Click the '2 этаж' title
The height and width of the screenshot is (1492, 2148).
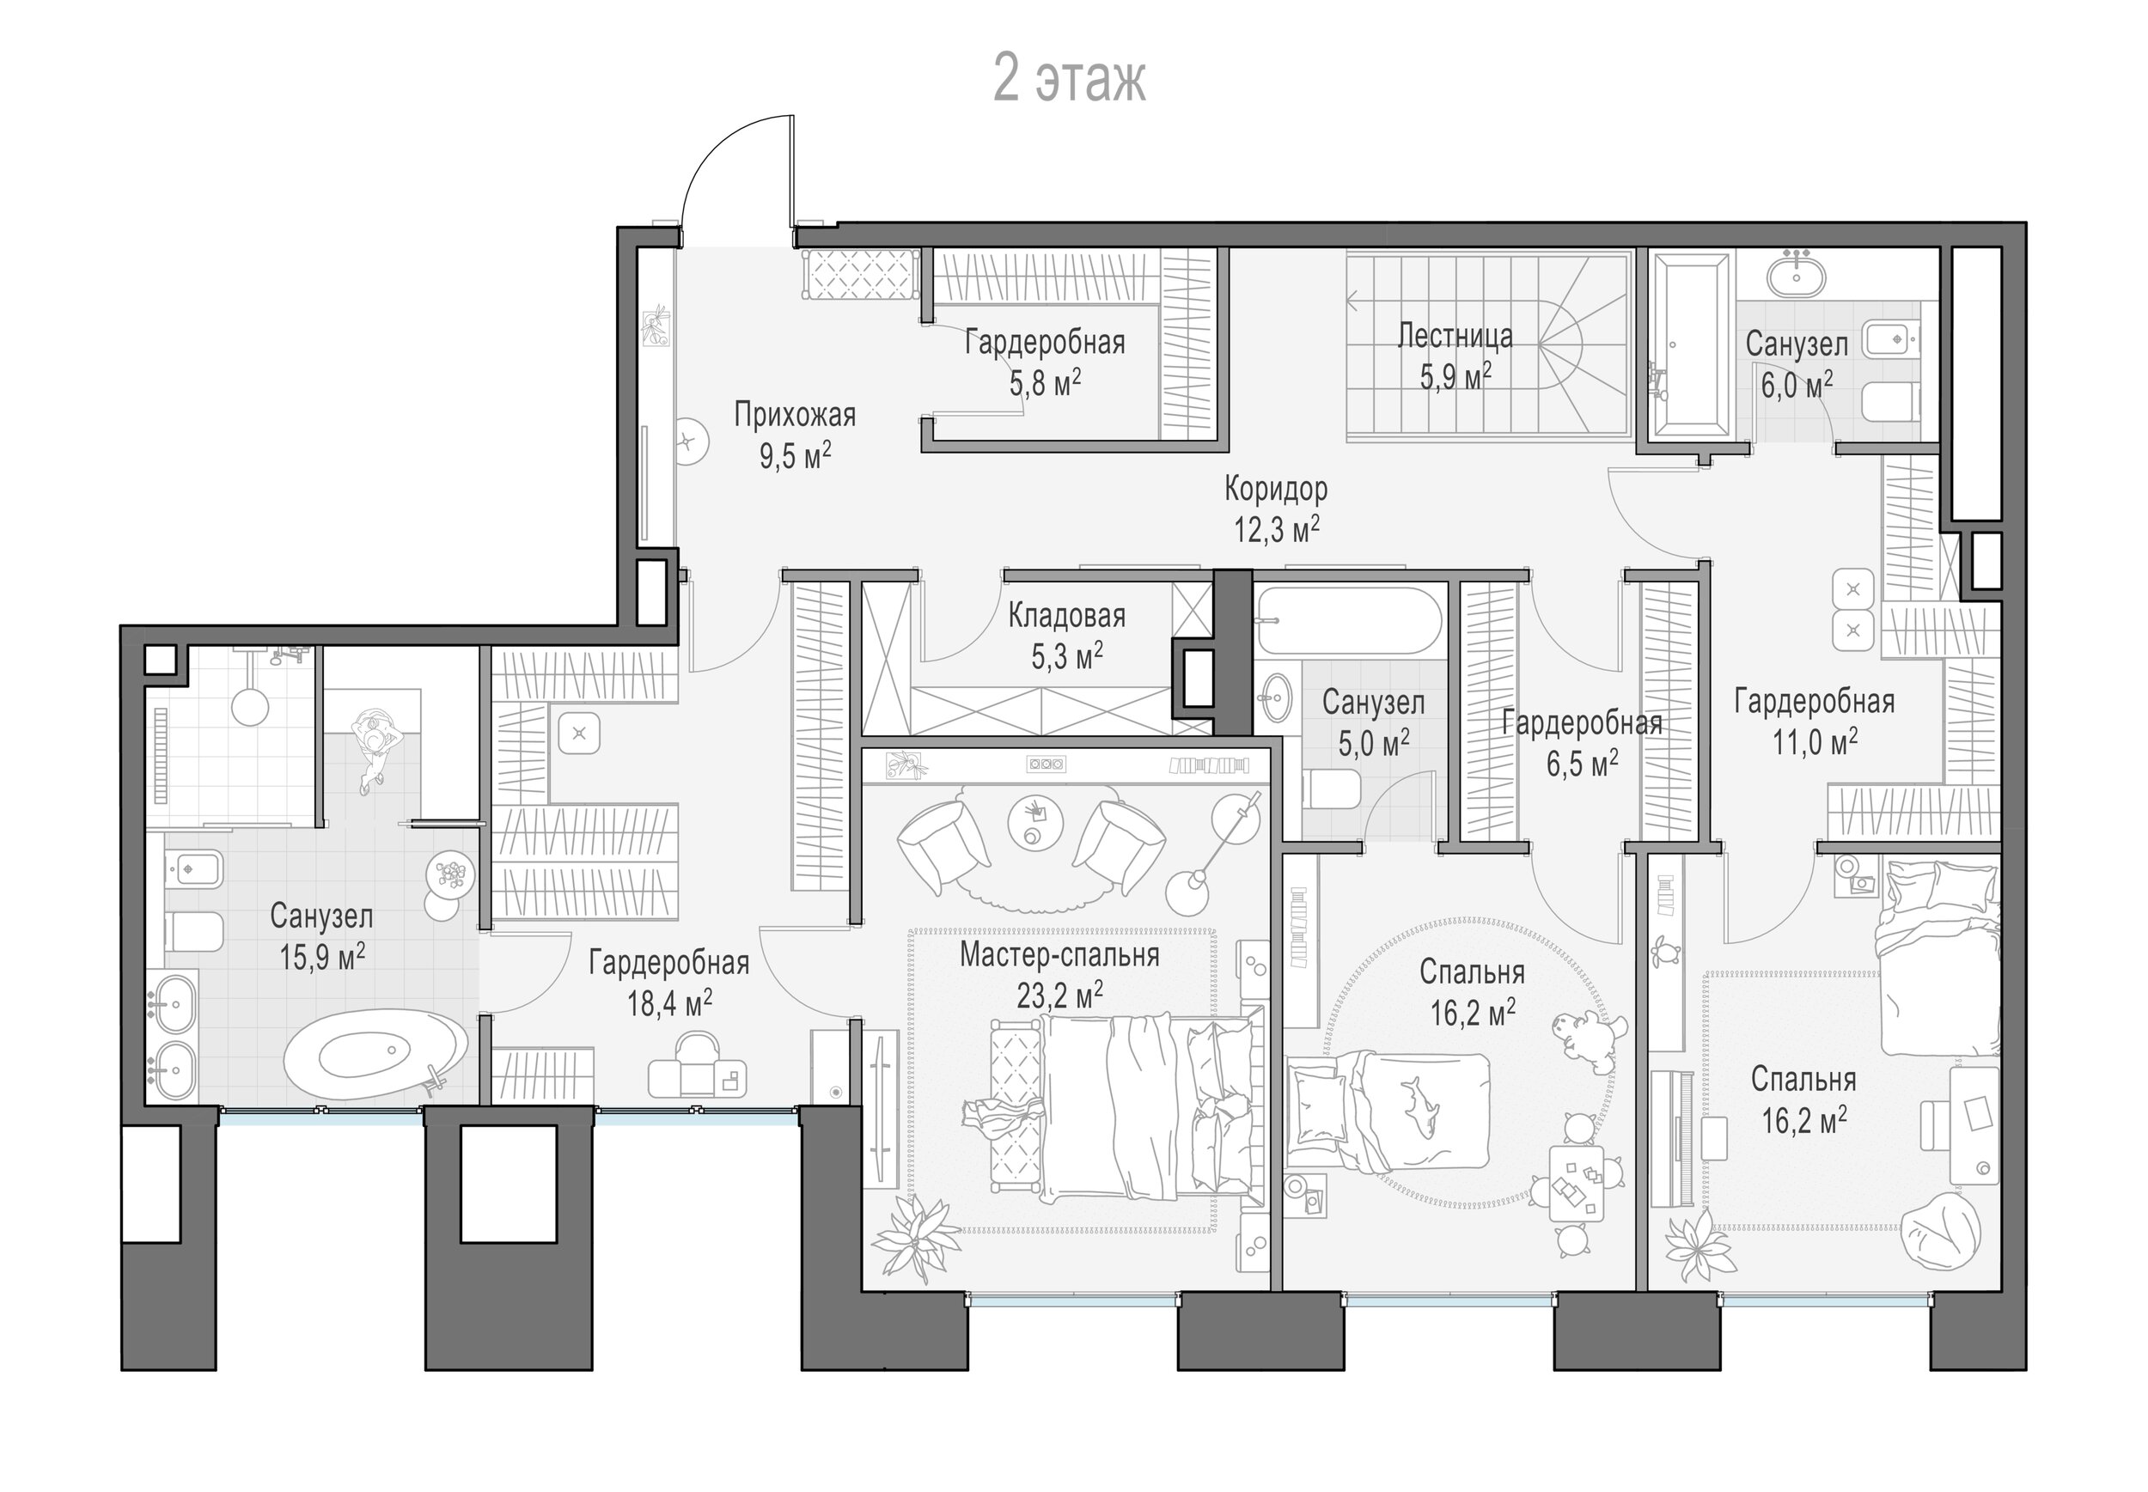(1068, 80)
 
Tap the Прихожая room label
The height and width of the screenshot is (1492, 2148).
(794, 414)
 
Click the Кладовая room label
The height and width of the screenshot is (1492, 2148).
(1066, 615)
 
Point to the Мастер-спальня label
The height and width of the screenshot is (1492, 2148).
(1059, 954)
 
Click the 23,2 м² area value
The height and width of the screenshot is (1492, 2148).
(1059, 995)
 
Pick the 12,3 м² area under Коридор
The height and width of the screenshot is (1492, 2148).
(1277, 528)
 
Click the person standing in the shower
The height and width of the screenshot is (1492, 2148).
(376, 748)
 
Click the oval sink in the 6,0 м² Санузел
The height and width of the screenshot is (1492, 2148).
(1796, 277)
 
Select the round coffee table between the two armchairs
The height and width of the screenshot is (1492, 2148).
(1035, 822)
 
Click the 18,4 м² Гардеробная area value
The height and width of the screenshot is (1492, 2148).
(669, 1003)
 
